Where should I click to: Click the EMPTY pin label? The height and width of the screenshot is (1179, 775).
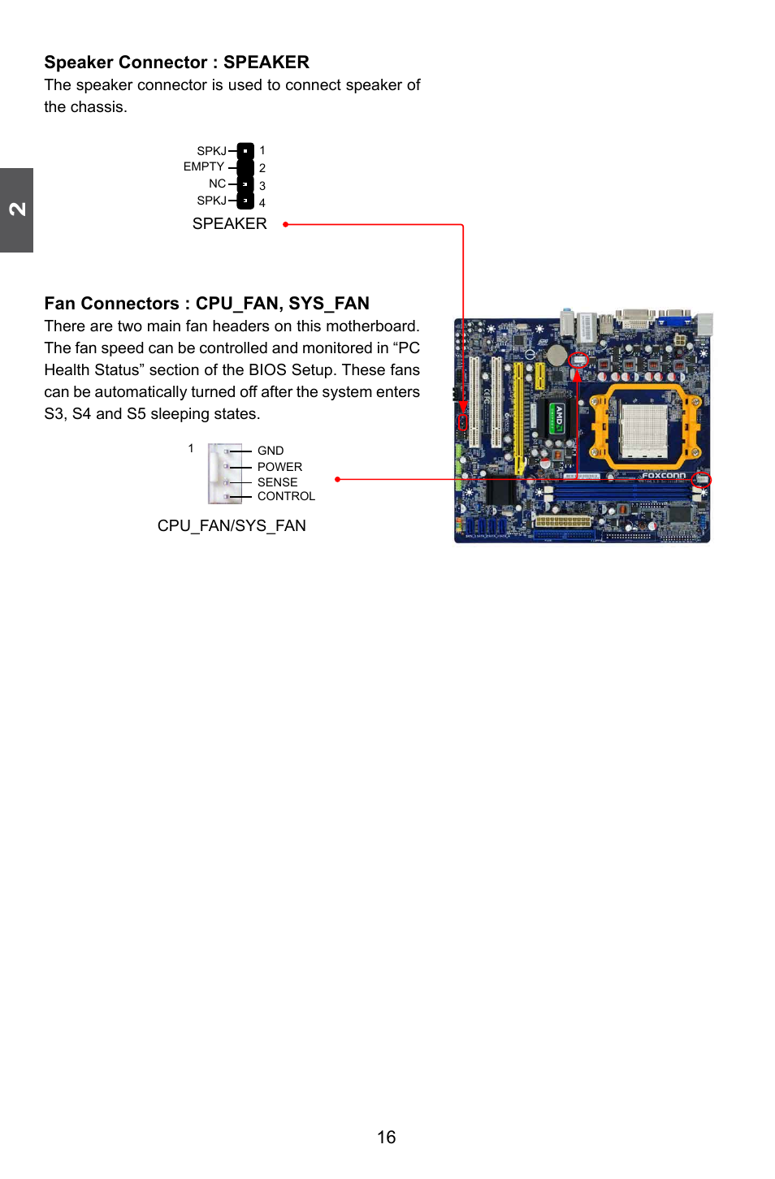[x=203, y=166]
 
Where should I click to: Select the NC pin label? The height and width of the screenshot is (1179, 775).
[x=217, y=184]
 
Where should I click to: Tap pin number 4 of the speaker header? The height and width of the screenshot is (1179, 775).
[x=262, y=203]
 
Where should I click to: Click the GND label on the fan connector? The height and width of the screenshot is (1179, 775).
[x=271, y=451]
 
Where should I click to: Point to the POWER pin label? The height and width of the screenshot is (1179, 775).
[x=279, y=467]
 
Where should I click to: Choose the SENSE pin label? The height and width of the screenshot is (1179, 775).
[x=277, y=482]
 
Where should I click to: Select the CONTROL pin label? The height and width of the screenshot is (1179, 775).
[x=286, y=496]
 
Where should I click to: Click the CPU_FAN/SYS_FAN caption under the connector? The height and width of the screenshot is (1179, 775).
[x=232, y=526]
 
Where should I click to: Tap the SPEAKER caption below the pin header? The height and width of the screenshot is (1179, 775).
[x=229, y=224]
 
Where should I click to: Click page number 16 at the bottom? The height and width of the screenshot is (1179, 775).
[x=387, y=1138]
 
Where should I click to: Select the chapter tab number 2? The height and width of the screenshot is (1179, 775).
[x=17, y=209]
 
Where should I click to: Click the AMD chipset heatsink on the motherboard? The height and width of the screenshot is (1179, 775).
[x=558, y=418]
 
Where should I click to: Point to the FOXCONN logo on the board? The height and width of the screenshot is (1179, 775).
[x=664, y=476]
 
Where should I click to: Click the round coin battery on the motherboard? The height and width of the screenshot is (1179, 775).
[x=556, y=355]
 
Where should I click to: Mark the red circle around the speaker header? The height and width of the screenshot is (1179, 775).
[x=463, y=422]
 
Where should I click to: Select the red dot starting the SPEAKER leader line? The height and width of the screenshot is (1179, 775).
[x=285, y=225]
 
